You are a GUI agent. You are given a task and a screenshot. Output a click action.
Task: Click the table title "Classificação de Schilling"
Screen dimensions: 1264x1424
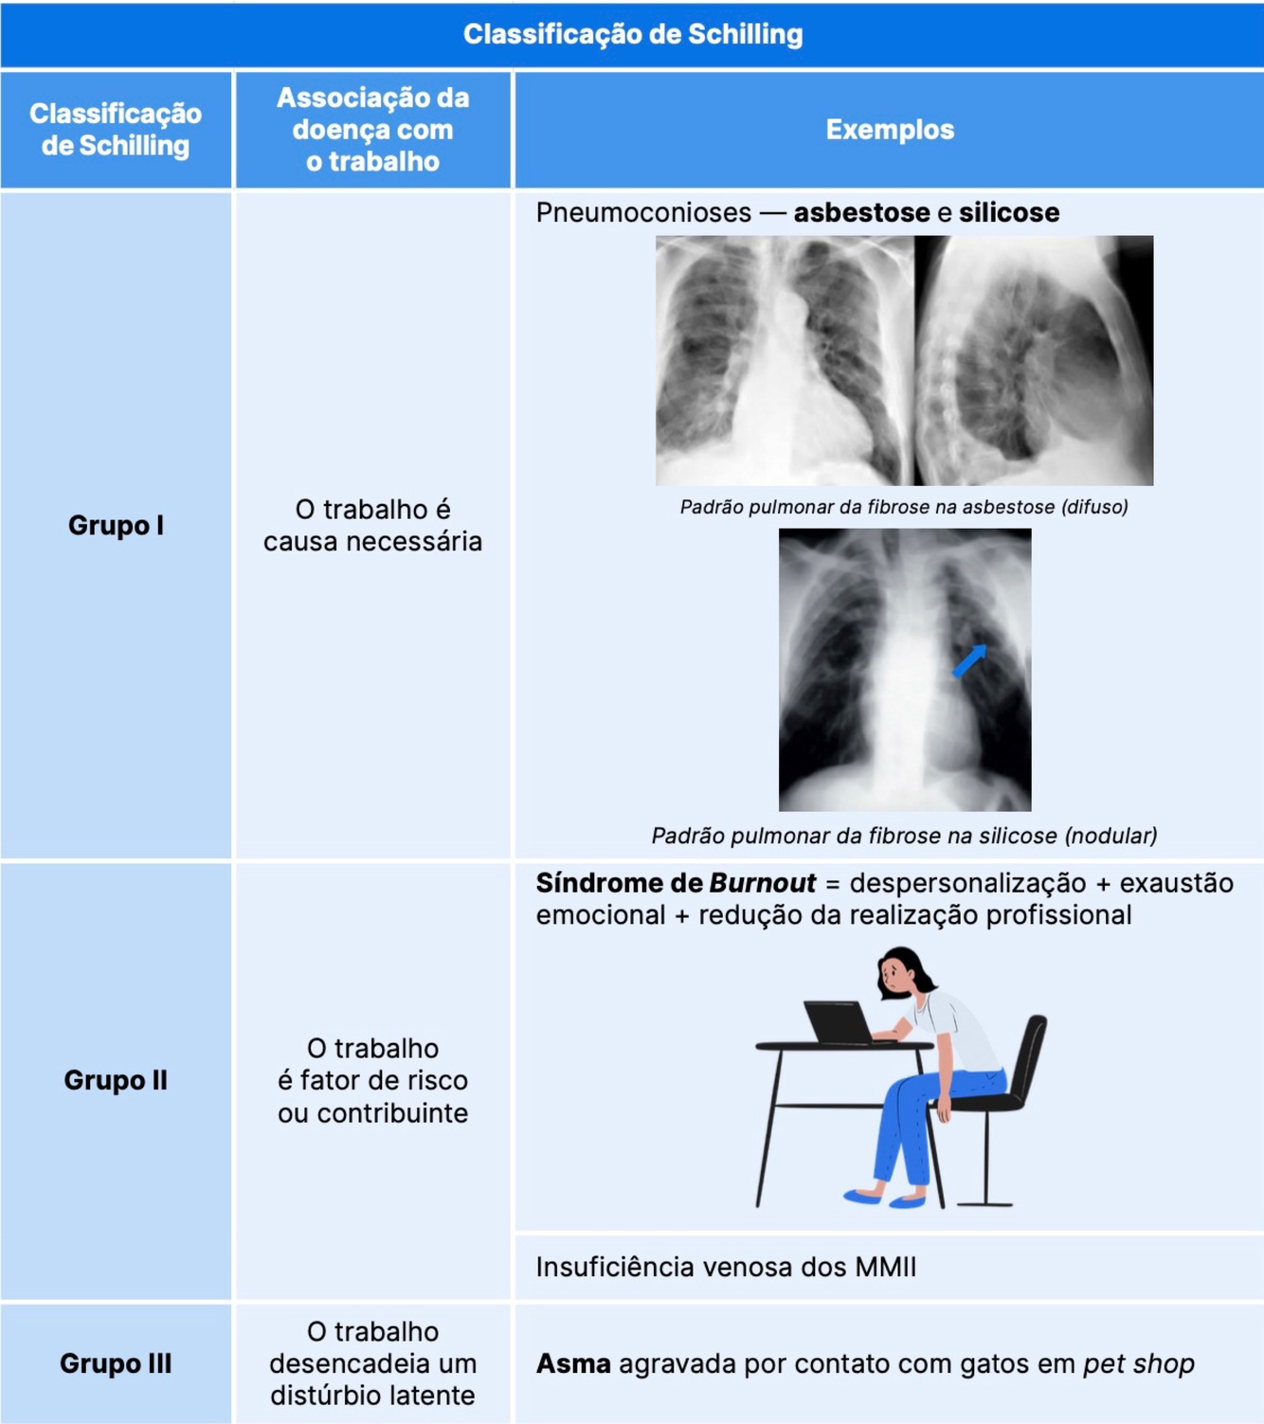[x=632, y=35]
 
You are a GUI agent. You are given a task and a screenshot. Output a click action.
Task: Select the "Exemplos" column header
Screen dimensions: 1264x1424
[x=889, y=130]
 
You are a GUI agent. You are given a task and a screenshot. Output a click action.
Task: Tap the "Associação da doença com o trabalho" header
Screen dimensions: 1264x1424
[x=372, y=130]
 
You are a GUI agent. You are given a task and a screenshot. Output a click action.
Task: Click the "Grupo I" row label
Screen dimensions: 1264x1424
[x=116, y=525]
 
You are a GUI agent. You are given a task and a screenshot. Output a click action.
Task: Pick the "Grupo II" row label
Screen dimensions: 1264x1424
[x=116, y=1080]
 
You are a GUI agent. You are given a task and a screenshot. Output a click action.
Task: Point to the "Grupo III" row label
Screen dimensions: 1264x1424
[x=116, y=1363]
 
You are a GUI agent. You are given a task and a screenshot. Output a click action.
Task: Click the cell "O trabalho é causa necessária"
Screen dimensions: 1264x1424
[x=372, y=525]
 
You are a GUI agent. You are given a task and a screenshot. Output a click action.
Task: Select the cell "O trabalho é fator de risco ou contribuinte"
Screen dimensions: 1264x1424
[x=372, y=1080]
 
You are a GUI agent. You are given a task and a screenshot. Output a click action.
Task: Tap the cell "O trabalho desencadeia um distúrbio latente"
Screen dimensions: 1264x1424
[x=372, y=1363]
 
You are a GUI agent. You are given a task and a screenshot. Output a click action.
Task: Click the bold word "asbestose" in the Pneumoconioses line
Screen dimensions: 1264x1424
[x=861, y=212]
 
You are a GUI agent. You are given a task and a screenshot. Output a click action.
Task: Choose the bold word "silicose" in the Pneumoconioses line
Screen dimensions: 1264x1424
[x=1008, y=212]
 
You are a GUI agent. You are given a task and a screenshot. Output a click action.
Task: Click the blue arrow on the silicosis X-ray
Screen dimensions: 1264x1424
[x=969, y=660]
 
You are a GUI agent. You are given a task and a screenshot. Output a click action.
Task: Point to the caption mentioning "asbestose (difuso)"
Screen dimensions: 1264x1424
[x=904, y=507]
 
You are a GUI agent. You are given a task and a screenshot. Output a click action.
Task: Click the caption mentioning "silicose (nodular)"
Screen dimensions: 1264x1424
[x=904, y=836]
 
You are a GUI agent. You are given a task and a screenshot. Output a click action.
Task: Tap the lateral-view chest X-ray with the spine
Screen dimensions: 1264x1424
[x=1034, y=360]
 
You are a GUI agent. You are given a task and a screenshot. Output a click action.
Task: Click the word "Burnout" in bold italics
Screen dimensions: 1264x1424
[x=762, y=883]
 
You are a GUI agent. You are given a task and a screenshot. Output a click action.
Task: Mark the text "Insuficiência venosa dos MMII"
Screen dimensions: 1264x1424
[x=726, y=1267]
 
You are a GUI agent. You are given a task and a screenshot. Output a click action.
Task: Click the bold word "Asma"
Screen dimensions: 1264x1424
[x=573, y=1363]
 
